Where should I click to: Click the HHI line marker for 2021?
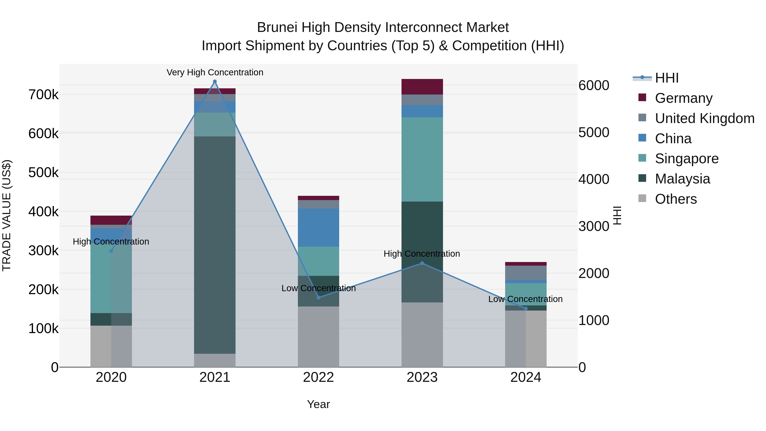215,82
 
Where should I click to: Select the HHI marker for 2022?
319,298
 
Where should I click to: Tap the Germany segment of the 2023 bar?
422,87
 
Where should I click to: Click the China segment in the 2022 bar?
319,228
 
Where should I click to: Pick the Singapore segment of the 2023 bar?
422,159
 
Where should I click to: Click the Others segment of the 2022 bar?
319,337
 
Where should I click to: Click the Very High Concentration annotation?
215,73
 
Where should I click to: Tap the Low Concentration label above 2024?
525,299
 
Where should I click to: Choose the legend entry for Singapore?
686,159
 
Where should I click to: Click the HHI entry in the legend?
666,78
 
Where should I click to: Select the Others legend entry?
676,199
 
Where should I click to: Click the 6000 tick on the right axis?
593,86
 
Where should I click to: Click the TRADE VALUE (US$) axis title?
7,215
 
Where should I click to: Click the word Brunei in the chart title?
277,27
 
